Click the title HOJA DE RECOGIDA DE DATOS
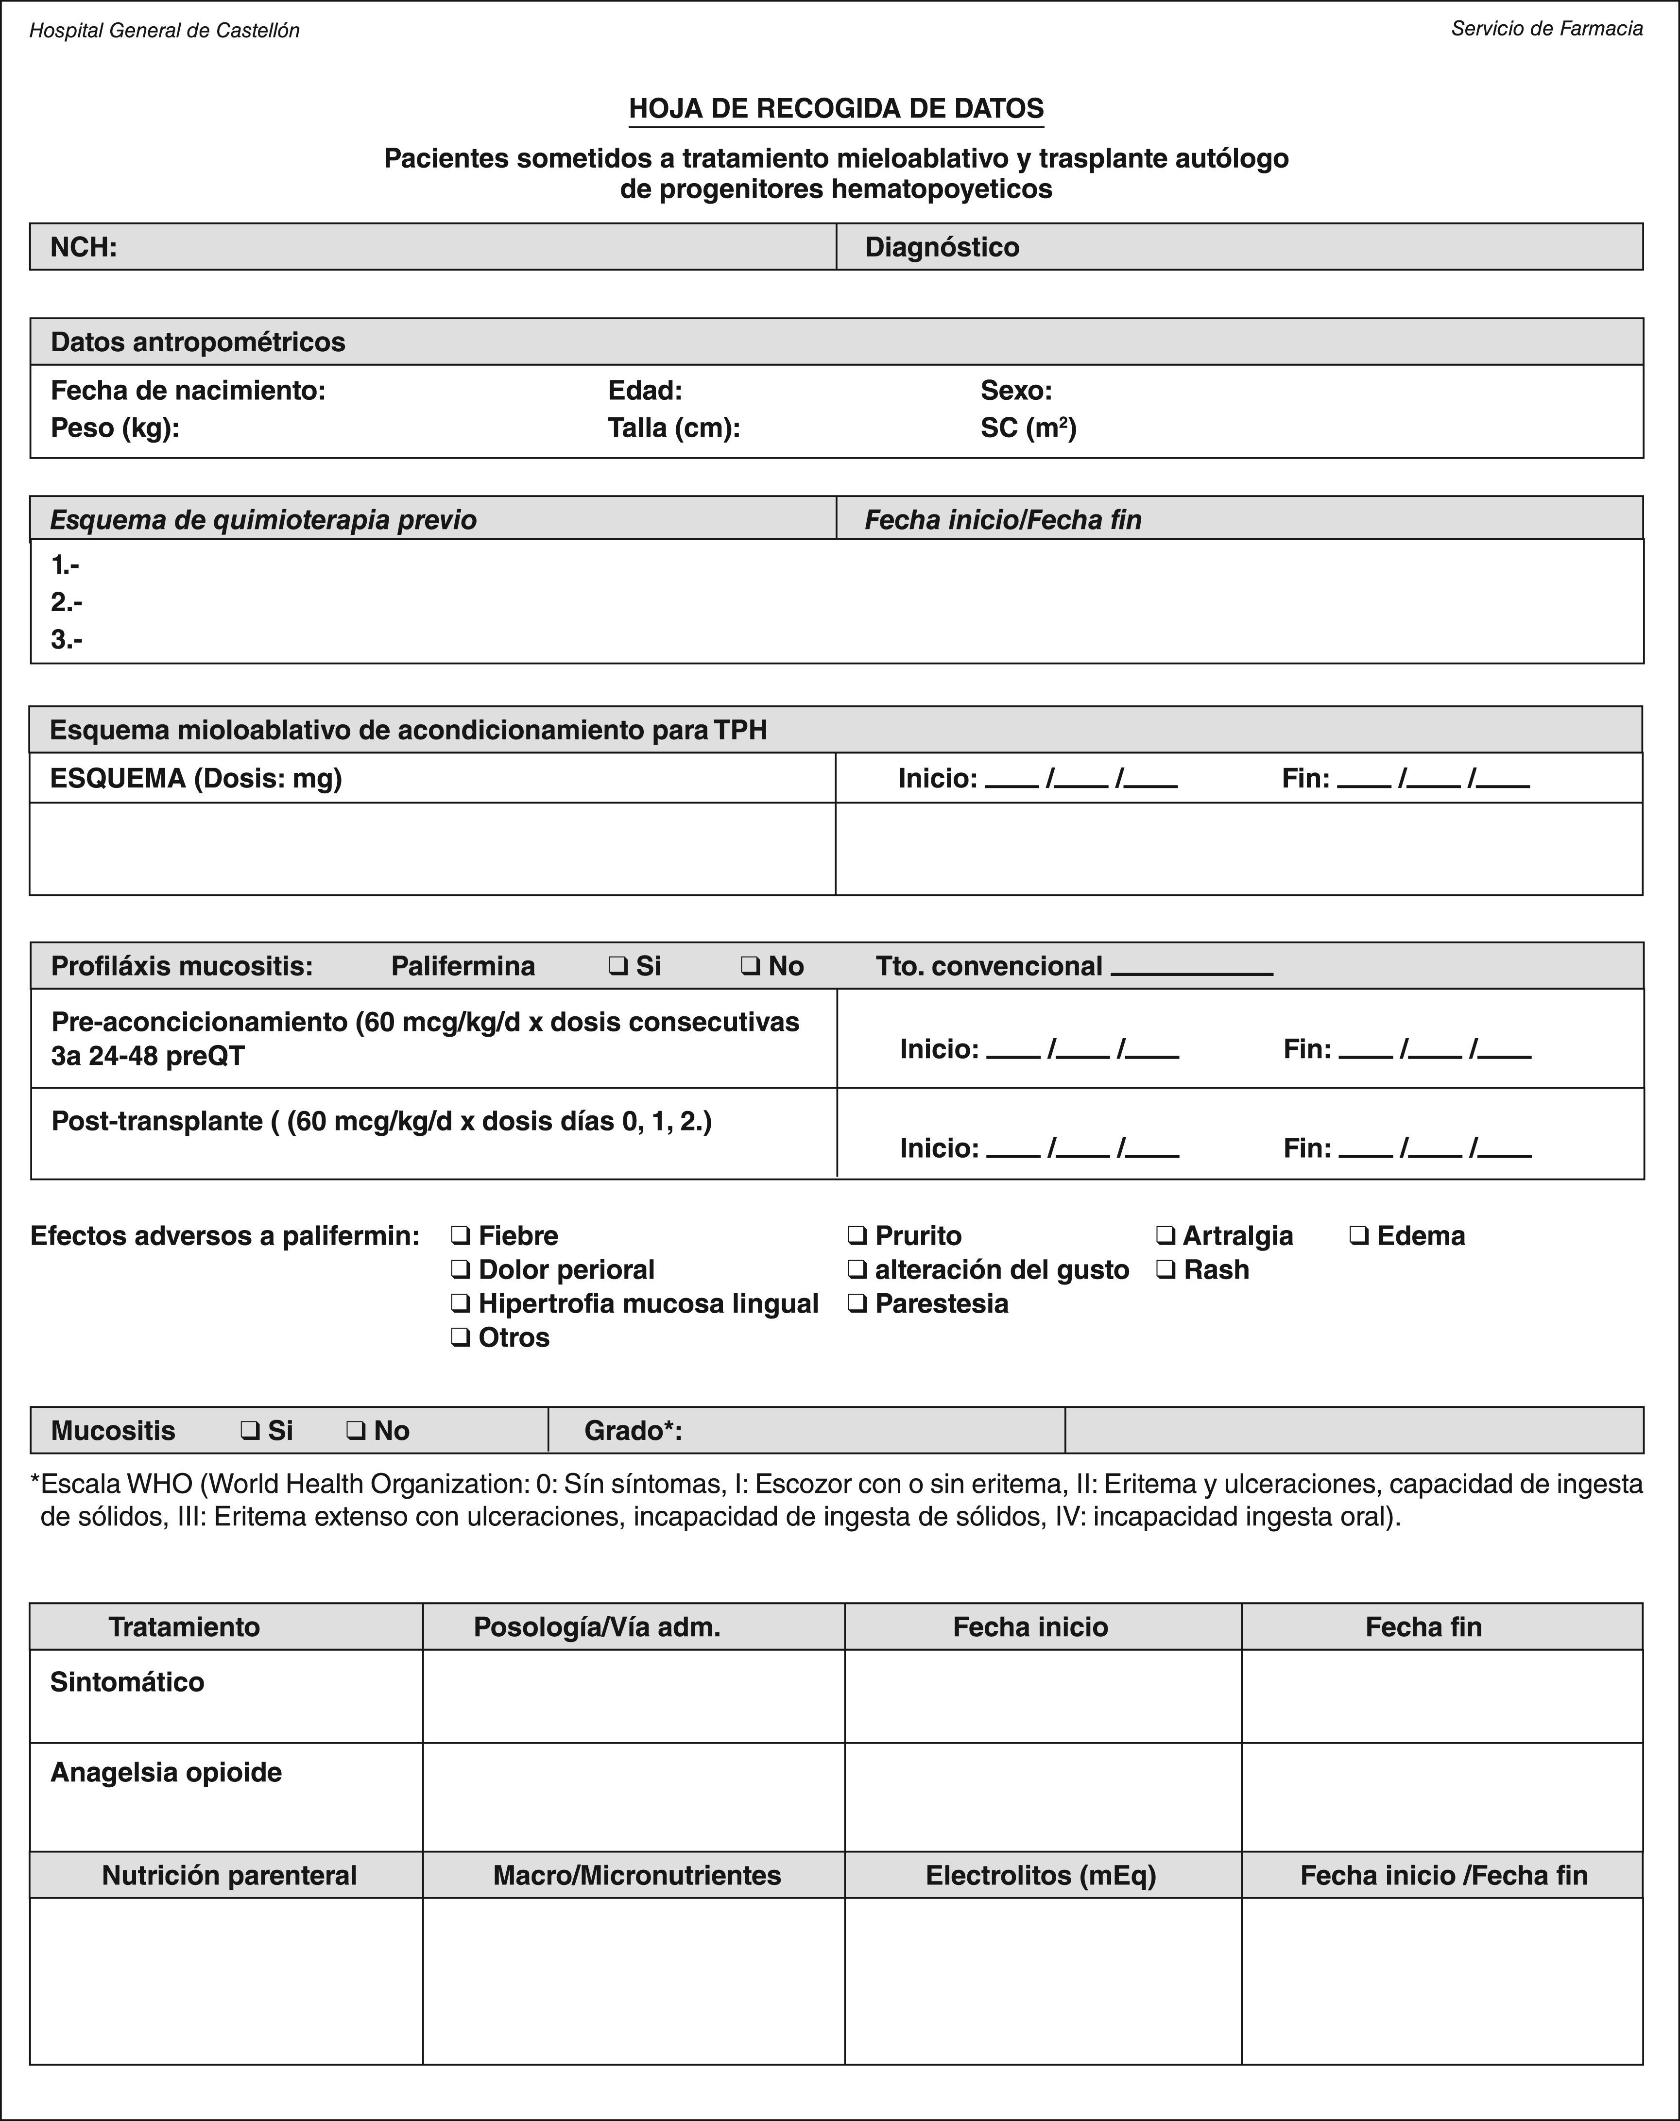pos(836,108)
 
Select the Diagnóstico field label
pos(942,247)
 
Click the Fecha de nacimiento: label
pos(188,391)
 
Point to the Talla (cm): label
pos(674,428)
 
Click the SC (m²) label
pos(1028,428)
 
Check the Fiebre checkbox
pos(459,1236)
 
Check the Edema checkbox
pos(1358,1236)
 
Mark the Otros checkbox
pos(459,1338)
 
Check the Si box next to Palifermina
pos(617,967)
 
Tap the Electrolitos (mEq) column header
pos(1041,1875)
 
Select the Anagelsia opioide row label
pos(166,1772)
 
